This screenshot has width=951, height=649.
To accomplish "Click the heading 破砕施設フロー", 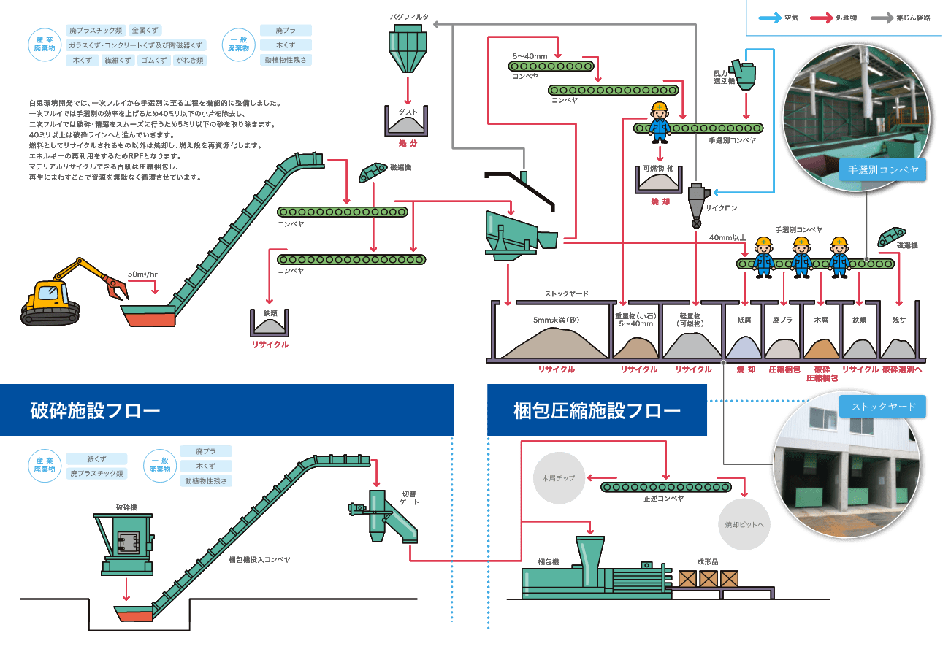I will (x=95, y=410).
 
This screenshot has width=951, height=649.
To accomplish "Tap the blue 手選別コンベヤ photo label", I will (x=882, y=171).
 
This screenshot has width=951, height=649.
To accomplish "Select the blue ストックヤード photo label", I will (x=883, y=407).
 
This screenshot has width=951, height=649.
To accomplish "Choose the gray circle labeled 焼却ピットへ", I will (x=744, y=524).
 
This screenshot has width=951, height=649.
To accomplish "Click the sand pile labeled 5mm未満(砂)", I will (x=555, y=342).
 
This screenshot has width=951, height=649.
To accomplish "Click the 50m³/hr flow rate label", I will (x=142, y=274).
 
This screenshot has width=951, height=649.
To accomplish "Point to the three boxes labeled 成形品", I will (x=709, y=579).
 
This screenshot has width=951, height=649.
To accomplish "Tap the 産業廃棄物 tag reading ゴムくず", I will (x=154, y=61).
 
